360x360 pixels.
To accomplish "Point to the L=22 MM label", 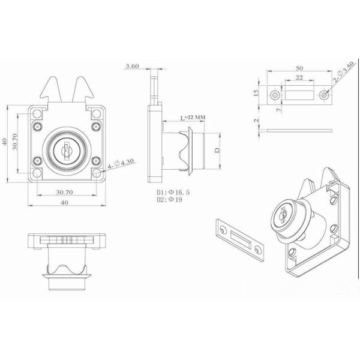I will click(193, 117).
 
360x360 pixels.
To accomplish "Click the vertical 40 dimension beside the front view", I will click(4, 142).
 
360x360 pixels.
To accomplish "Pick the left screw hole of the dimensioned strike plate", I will click(276, 95).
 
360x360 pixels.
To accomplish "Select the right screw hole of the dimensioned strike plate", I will click(325, 95).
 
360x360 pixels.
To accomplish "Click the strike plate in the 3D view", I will click(239, 238).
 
